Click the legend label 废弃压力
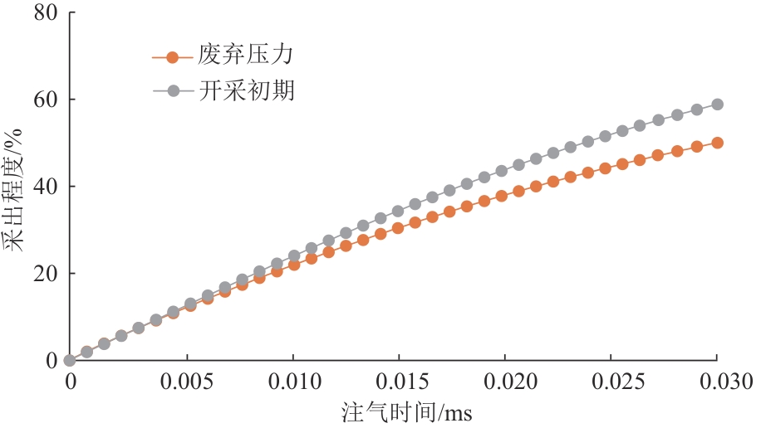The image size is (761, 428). tap(247, 56)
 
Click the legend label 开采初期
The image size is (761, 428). tap(247, 90)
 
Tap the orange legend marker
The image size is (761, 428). tap(172, 57)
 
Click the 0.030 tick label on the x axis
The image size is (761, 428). tap(715, 384)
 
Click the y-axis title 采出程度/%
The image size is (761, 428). tap(14, 187)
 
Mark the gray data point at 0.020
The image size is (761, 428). tap(502, 171)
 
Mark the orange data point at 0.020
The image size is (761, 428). tap(502, 196)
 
